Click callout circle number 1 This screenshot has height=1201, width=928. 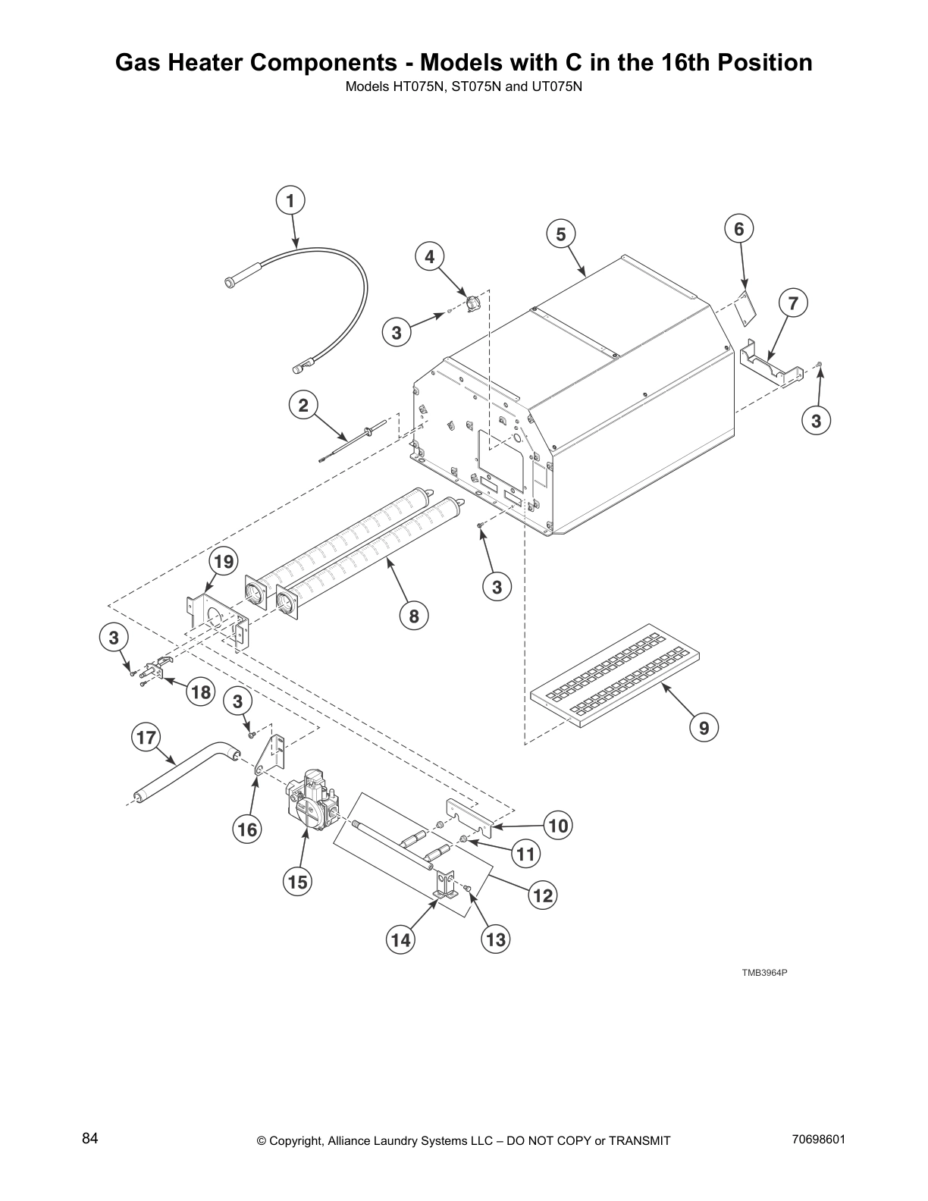coord(290,200)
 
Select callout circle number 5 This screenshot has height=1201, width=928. coord(560,234)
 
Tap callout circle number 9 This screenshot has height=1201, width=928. coord(704,728)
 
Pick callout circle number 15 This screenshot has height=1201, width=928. coord(297,882)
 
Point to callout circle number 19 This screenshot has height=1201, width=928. coord(223,562)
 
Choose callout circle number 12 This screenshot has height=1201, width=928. coord(542,895)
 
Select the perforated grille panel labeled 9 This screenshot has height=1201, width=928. coord(614,675)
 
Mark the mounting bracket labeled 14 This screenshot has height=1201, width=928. coord(447,886)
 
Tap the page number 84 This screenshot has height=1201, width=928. coord(90,1138)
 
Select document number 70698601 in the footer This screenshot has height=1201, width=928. coord(817,1138)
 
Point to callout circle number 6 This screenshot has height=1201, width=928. coord(739,228)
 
